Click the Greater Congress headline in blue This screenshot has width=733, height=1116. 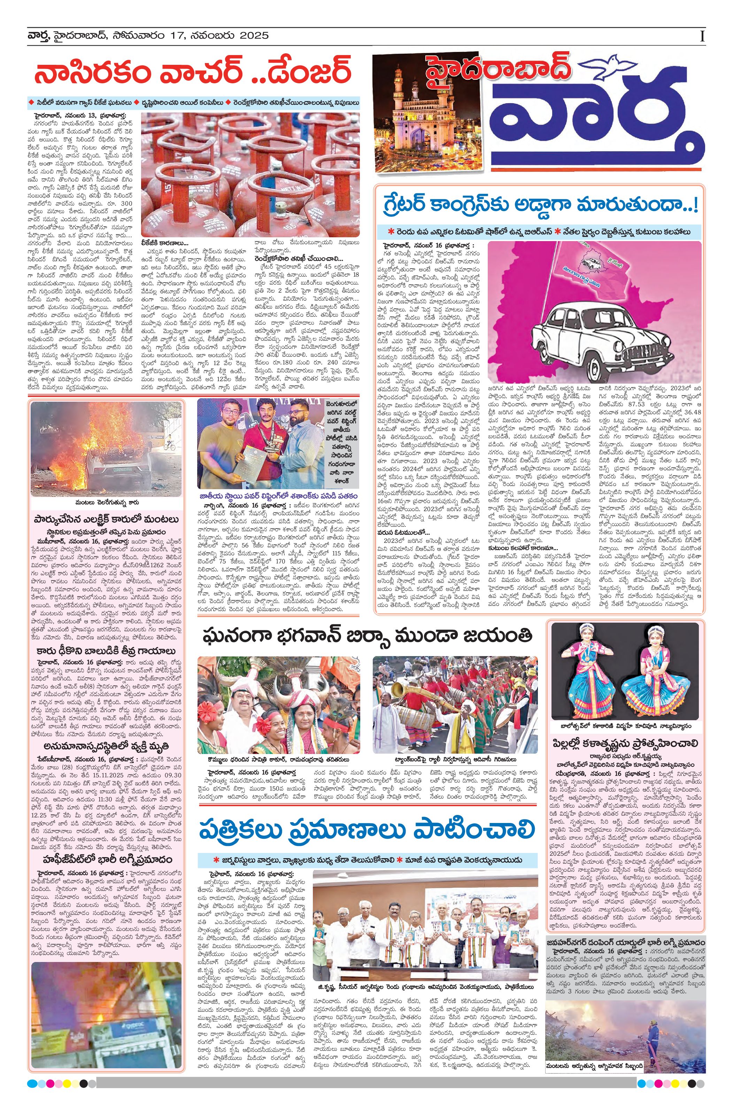tap(539, 205)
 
